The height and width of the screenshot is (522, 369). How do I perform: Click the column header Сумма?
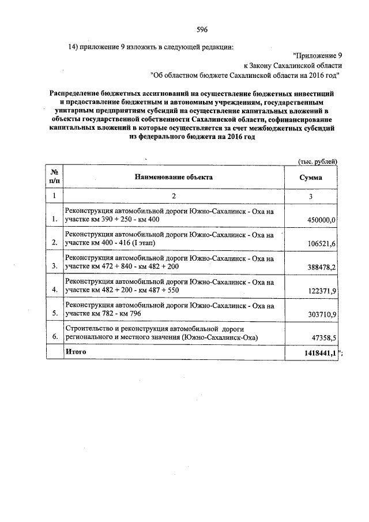pos(310,178)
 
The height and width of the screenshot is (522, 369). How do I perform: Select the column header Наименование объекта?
pos(174,177)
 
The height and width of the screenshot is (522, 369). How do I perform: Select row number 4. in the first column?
pos(54,289)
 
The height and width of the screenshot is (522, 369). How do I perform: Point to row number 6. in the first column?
pos(54,336)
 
